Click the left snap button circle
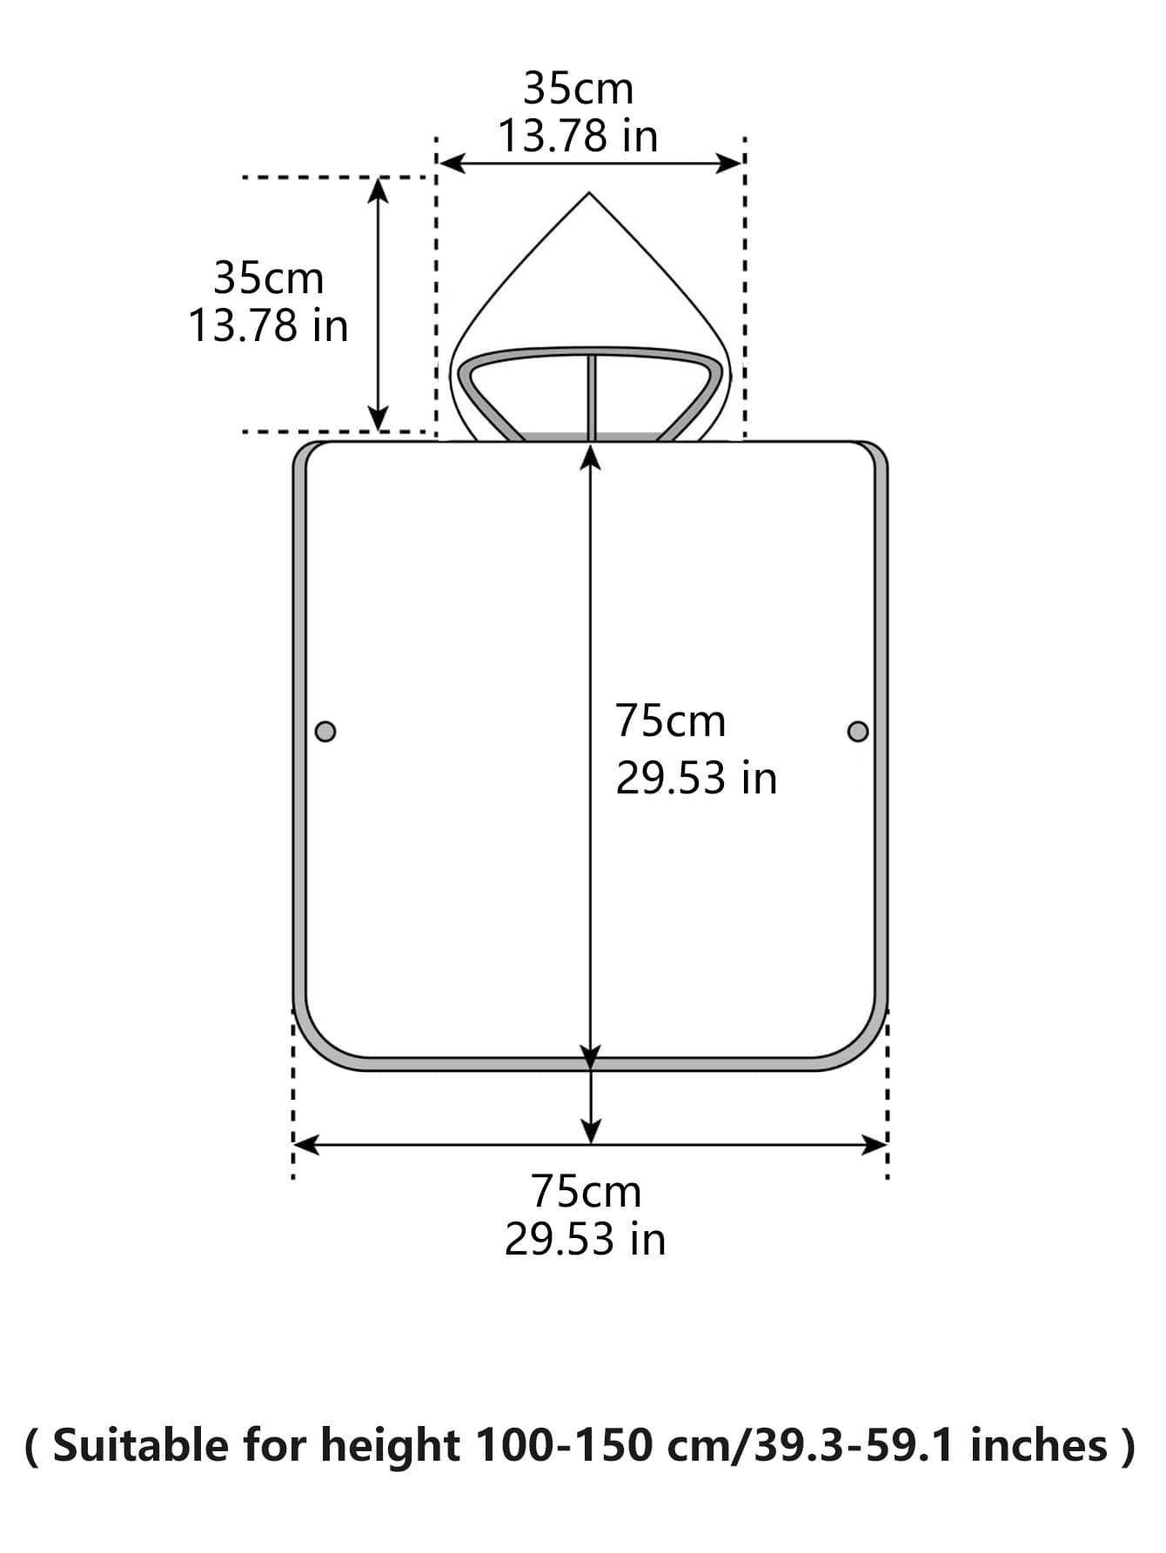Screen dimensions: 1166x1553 click(x=325, y=731)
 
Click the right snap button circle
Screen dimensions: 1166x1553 click(x=858, y=731)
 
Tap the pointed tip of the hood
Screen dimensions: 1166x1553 click(x=590, y=193)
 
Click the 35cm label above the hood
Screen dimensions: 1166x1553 click(x=579, y=89)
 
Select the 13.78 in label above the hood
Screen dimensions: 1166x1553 click(x=578, y=137)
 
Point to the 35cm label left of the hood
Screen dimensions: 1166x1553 click(x=268, y=278)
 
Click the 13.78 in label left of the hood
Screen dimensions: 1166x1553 click(x=268, y=326)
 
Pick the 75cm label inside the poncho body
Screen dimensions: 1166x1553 click(x=670, y=720)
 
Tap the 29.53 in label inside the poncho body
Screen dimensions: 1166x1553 click(x=696, y=777)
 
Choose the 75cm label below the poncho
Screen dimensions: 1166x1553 click(x=586, y=1191)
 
